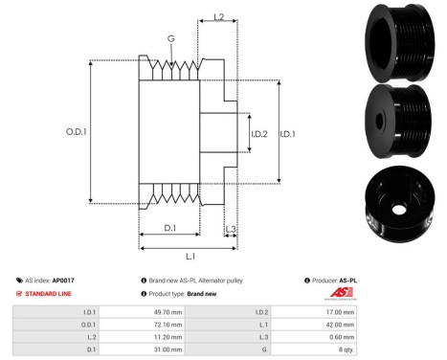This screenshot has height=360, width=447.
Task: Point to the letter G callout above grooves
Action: pyautogui.click(x=169, y=39)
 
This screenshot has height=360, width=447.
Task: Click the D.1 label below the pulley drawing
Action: pyautogui.click(x=168, y=228)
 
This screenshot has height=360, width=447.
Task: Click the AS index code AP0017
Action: pyautogui.click(x=64, y=280)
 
